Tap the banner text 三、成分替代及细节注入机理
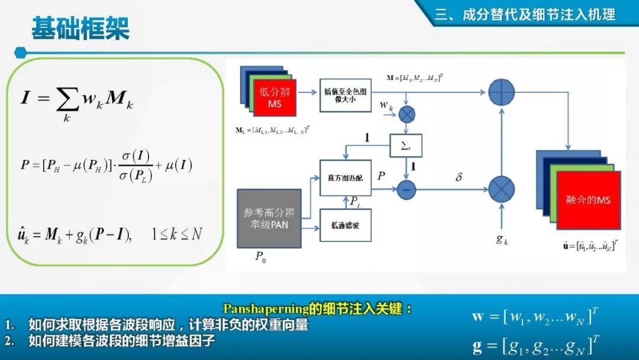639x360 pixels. (x=525, y=15)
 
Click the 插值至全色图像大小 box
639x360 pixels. (x=346, y=95)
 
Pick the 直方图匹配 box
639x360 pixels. (x=346, y=178)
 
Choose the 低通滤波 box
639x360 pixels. (x=346, y=225)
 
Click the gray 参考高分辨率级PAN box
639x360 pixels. (x=269, y=218)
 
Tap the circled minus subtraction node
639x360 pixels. (x=406, y=189)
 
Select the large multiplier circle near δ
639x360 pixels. (x=502, y=189)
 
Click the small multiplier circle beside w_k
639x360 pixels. (x=406, y=115)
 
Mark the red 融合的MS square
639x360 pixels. (x=588, y=200)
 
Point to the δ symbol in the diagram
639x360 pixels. (x=458, y=176)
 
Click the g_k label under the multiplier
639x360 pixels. (x=502, y=240)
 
